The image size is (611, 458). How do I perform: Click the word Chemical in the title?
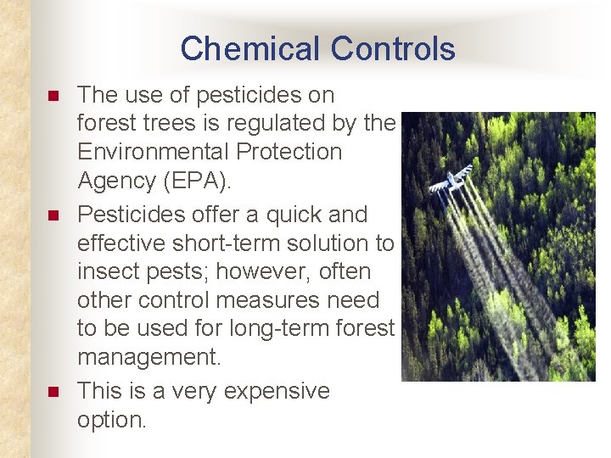coord(250,48)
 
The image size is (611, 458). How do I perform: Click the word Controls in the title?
coord(392,48)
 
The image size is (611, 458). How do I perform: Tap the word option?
coord(111,420)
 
